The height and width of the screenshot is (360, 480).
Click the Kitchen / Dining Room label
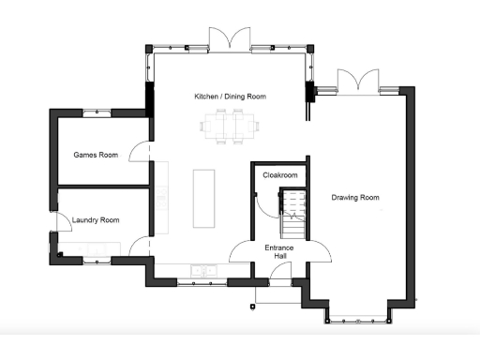(x=230, y=97)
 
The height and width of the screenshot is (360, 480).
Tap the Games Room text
(x=96, y=155)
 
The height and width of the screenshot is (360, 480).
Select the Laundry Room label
(x=97, y=220)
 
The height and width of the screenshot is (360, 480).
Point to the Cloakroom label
(x=279, y=175)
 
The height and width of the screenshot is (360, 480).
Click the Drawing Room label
(x=355, y=198)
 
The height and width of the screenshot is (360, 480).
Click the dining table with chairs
(x=228, y=125)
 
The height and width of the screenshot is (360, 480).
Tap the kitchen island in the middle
(x=203, y=198)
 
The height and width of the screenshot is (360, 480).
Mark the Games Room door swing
(x=141, y=150)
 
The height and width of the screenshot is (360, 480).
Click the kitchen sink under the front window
(x=202, y=271)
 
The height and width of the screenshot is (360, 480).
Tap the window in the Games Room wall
(x=97, y=113)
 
